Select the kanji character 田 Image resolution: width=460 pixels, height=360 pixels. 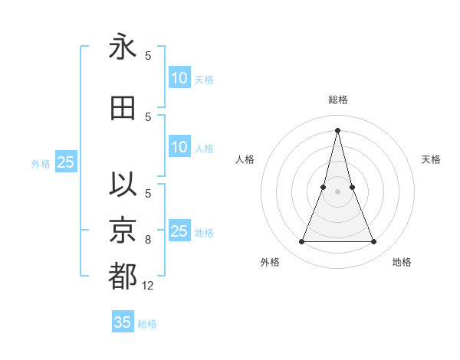click(x=123, y=108)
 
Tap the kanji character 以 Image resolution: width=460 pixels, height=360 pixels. click(x=123, y=185)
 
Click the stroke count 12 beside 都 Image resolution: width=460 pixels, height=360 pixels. click(x=148, y=285)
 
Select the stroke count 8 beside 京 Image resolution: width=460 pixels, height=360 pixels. click(x=148, y=240)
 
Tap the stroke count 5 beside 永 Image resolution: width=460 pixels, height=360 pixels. click(x=148, y=55)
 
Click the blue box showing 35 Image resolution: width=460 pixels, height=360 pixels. click(x=123, y=322)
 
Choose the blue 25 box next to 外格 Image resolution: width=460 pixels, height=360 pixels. click(x=65, y=162)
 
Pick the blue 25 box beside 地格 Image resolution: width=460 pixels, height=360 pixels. click(x=179, y=231)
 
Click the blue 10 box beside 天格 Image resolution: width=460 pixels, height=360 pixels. click(x=179, y=78)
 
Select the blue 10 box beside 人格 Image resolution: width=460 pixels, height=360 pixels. click(x=179, y=148)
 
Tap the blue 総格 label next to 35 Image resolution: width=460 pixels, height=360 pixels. click(x=147, y=324)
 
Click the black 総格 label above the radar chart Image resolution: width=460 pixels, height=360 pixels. click(x=337, y=100)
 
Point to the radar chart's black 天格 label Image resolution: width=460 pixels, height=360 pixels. click(x=431, y=159)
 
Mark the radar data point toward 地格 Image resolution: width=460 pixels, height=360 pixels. click(x=374, y=242)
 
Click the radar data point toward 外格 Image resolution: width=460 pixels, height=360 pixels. click(x=301, y=242)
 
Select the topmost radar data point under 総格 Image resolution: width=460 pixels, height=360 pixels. click(x=337, y=129)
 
